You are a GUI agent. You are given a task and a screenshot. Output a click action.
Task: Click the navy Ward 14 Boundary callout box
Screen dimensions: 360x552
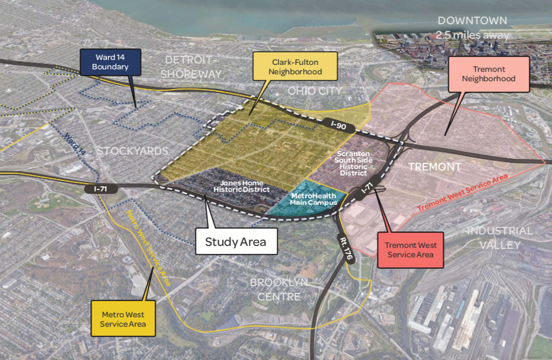110,62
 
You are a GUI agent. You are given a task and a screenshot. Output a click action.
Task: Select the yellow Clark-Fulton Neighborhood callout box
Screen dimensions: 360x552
295,67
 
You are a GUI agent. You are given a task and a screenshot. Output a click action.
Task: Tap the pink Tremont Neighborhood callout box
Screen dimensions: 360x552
489,74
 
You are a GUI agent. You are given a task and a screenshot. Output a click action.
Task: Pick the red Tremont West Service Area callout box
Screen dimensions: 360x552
411,250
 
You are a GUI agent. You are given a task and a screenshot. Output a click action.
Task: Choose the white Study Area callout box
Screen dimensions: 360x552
236,242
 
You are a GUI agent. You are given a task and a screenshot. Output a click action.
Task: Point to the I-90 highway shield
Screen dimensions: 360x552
340,126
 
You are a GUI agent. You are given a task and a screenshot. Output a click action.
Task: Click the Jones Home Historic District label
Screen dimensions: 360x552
242,186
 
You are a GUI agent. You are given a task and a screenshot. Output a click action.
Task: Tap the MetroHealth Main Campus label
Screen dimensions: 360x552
313,199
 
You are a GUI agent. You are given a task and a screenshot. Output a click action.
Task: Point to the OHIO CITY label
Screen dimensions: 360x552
314,91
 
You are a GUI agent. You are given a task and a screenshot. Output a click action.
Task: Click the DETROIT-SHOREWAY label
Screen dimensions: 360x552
193,67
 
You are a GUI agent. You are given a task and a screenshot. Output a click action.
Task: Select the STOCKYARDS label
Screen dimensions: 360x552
132,151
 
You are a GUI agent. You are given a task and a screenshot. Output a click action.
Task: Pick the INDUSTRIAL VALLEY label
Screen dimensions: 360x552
499,238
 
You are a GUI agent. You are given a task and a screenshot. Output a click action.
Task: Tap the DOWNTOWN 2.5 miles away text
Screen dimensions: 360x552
472,28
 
